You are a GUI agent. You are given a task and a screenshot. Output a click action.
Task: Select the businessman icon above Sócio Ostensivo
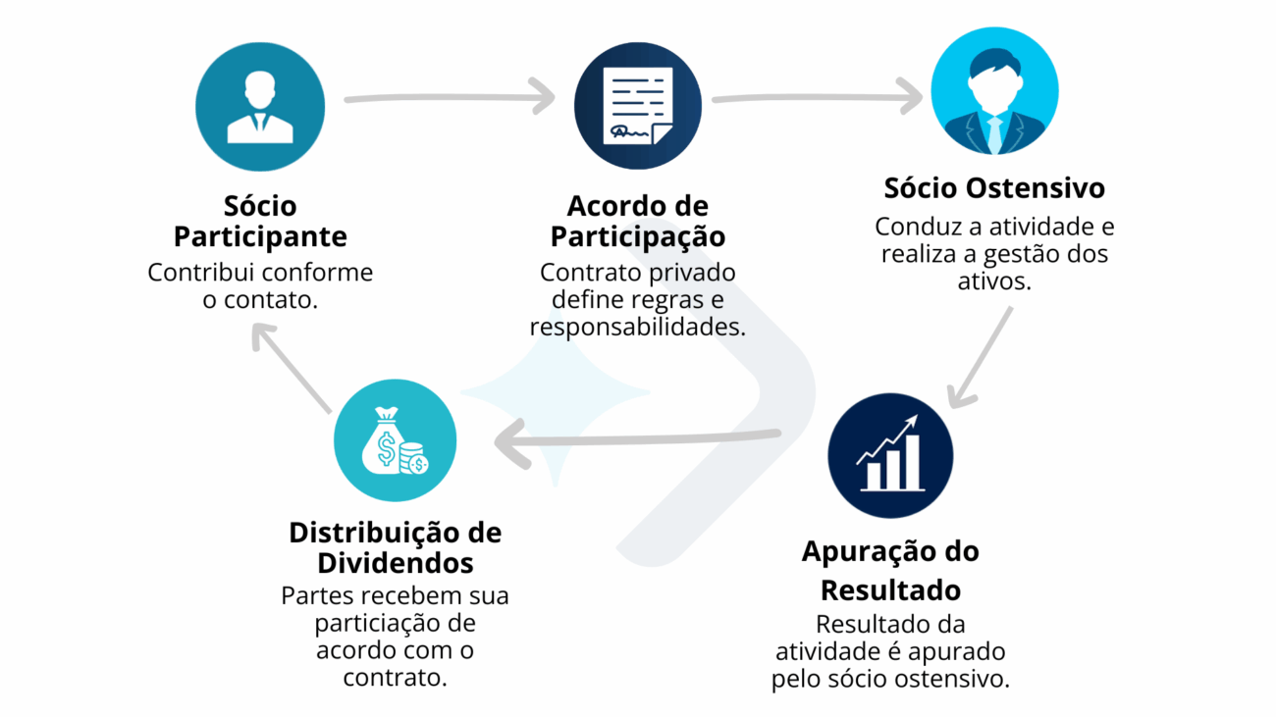click(994, 91)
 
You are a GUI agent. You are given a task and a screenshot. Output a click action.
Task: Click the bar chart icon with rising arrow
click(890, 454)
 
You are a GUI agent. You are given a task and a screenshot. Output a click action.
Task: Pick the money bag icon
click(396, 440)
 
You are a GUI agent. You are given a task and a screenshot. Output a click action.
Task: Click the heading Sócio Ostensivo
click(994, 187)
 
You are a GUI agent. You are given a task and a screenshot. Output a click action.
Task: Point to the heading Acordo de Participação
click(638, 222)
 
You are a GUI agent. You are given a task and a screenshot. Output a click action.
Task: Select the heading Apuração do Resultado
click(890, 571)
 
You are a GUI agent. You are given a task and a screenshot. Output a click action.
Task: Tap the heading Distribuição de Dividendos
click(396, 547)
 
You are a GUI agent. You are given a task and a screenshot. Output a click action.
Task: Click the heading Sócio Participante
click(260, 222)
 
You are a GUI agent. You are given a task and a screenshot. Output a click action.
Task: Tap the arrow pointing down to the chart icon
click(982, 358)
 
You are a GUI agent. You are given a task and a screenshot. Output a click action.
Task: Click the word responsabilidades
click(638, 328)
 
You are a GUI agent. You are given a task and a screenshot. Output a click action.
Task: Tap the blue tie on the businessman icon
click(995, 135)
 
